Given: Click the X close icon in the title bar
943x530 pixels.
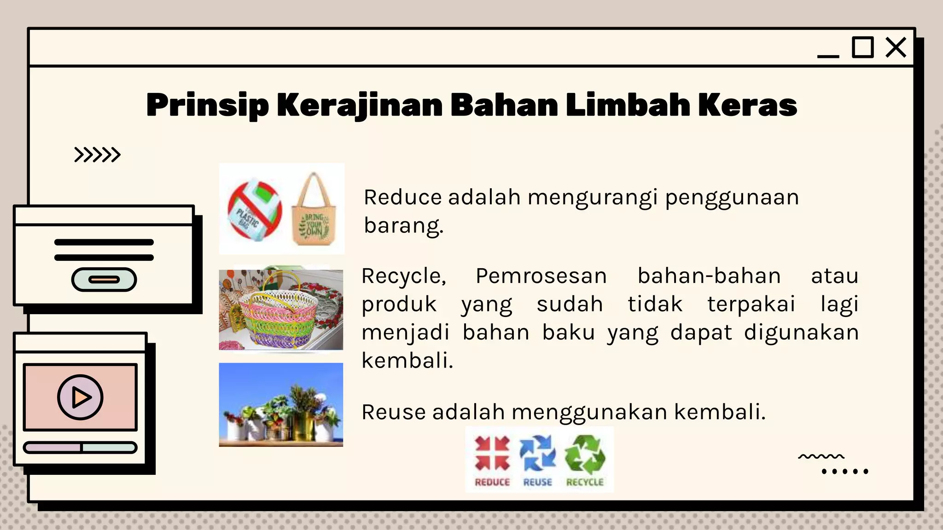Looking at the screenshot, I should [x=896, y=47].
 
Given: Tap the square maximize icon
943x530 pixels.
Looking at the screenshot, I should [x=862, y=47].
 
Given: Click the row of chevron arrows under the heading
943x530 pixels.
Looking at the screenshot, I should [x=97, y=155].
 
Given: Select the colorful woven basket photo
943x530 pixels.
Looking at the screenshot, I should [x=281, y=310].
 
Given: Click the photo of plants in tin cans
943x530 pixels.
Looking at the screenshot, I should [x=281, y=404].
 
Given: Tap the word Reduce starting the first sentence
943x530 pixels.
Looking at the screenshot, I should [x=403, y=197].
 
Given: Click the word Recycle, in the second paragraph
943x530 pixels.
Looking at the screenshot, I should [x=404, y=276].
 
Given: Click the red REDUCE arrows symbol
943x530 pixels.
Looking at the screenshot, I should [x=492, y=454].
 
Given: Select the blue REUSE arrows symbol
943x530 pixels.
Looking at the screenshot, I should [x=537, y=454].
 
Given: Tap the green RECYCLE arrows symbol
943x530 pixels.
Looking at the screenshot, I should [x=585, y=455].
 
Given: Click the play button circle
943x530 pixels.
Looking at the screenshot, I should [x=80, y=397].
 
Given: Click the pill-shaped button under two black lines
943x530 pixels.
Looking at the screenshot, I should [x=104, y=279].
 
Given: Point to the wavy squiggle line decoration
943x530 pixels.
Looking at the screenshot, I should [x=821, y=456].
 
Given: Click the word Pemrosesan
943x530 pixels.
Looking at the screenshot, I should [x=541, y=276].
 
